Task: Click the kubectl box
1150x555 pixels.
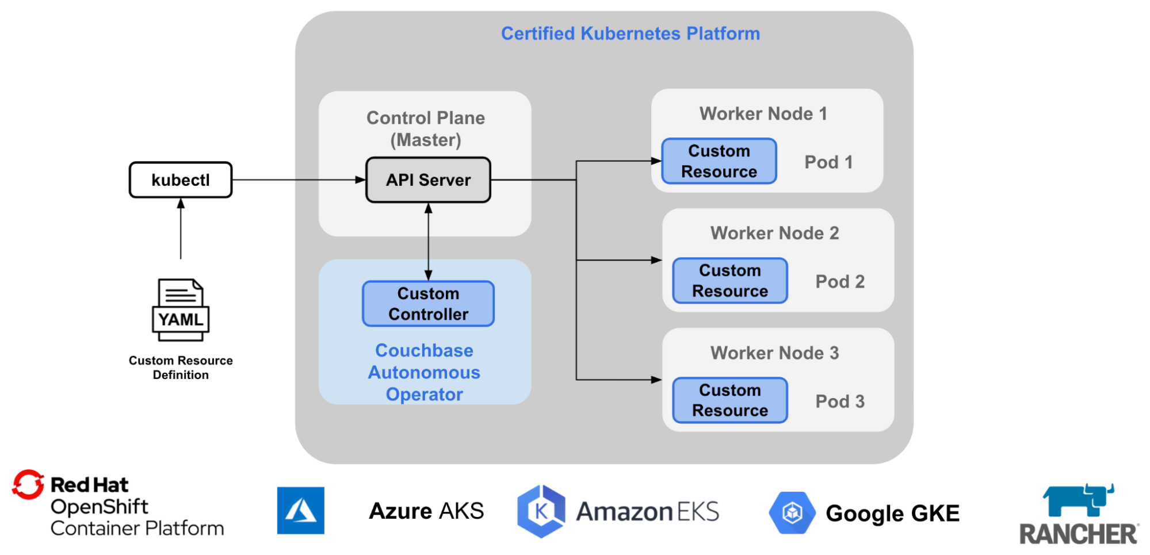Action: (181, 180)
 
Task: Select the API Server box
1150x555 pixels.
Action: (428, 180)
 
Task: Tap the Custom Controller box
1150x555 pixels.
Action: (428, 304)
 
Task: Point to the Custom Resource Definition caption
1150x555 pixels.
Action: (181, 368)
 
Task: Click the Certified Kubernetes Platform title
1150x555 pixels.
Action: (630, 33)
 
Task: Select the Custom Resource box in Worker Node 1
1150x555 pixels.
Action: (719, 161)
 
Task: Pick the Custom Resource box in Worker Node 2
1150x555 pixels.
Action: (729, 281)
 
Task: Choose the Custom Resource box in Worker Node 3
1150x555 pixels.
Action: (729, 400)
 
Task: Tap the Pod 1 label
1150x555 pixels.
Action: (828, 162)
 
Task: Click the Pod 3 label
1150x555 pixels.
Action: (840, 401)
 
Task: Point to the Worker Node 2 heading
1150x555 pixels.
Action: (774, 233)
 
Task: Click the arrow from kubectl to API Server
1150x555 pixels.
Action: (299, 180)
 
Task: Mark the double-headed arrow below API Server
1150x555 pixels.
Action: (428, 242)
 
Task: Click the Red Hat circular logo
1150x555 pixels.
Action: (28, 485)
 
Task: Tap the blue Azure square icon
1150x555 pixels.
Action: (300, 511)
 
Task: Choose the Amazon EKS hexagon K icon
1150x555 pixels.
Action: (541, 511)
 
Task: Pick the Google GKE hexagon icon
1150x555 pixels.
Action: (792, 512)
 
